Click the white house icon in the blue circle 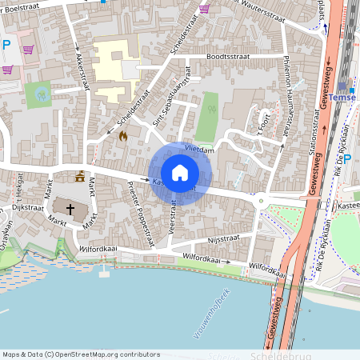tap(180, 172)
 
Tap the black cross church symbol tap(70, 210)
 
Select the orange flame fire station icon tap(122, 137)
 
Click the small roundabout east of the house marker tap(261, 202)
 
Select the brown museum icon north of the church tap(79, 177)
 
